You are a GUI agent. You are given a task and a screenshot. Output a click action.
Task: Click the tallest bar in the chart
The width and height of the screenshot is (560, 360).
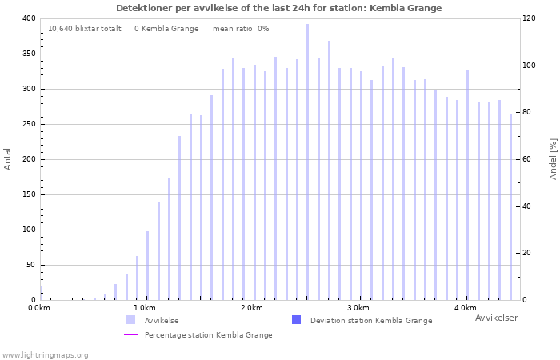307,160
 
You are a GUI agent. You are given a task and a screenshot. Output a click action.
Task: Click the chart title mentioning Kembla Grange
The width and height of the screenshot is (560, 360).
278,8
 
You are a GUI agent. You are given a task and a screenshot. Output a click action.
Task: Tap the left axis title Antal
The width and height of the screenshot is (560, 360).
8,158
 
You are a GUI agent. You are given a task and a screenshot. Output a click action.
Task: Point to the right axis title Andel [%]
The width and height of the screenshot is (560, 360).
553,158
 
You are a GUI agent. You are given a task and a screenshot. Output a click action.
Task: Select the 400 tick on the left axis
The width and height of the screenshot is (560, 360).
28,18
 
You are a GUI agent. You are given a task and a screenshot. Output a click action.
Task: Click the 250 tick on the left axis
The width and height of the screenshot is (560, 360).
28,124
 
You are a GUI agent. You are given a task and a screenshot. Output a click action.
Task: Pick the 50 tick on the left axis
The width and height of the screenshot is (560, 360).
30,265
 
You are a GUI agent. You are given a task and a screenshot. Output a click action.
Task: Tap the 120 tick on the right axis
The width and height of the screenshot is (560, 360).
529,18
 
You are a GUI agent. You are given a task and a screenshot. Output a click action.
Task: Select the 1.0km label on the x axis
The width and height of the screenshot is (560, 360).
144,308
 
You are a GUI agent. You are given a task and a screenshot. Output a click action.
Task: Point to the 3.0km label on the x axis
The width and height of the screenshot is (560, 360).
358,308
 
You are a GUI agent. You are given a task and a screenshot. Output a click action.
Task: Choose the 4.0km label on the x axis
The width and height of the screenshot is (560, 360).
465,308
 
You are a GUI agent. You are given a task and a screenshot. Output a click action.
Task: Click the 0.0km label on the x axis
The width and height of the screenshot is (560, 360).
38,308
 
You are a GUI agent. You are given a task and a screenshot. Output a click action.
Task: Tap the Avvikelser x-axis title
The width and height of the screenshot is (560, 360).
496,318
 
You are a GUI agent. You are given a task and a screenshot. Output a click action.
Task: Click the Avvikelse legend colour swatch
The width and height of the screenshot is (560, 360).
130,320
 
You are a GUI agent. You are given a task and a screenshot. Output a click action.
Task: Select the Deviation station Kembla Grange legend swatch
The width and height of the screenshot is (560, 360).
297,320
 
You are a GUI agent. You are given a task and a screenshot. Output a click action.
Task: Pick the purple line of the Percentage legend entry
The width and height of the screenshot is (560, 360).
131,334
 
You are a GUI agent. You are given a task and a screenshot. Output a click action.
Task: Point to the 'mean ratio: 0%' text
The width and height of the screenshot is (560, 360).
241,29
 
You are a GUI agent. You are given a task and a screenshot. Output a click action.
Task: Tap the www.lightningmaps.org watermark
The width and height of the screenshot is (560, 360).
45,354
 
